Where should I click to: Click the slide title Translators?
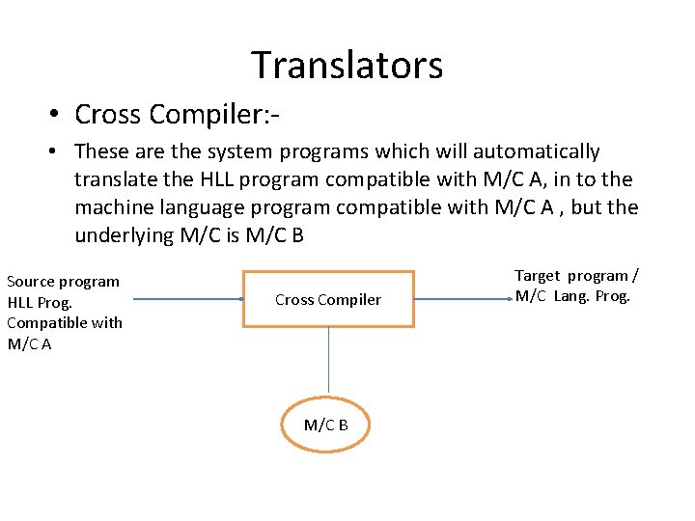pyautogui.click(x=347, y=66)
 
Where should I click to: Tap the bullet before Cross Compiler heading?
pyautogui.click(x=57, y=116)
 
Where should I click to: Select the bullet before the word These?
pyautogui.click(x=57, y=152)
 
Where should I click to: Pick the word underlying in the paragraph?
pyautogui.click(x=124, y=235)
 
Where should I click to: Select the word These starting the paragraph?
pyautogui.click(x=100, y=152)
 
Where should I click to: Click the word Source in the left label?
pyautogui.click(x=31, y=282)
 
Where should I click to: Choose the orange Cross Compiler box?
pyautogui.click(x=328, y=299)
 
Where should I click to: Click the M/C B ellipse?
pyautogui.click(x=326, y=425)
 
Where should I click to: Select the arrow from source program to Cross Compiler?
pyautogui.click(x=188, y=299)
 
